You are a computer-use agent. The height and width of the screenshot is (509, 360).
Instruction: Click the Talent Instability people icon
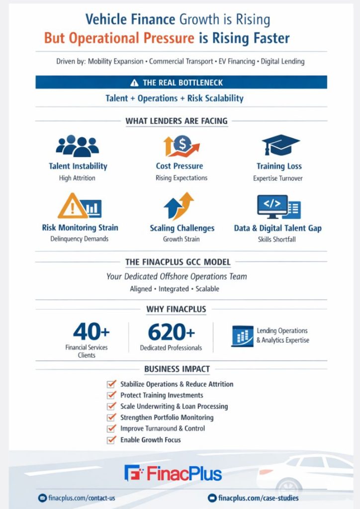tap(77, 146)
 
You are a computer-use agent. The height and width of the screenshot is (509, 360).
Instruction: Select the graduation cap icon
tap(280, 145)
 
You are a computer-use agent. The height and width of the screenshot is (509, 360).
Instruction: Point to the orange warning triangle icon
tap(73, 206)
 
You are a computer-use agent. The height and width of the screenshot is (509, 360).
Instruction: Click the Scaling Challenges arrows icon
tap(180, 206)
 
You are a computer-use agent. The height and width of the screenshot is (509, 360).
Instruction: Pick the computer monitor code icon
tap(273, 206)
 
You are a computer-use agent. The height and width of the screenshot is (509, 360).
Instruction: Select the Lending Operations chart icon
tap(242, 336)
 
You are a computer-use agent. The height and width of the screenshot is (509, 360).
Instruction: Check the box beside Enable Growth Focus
tap(111, 440)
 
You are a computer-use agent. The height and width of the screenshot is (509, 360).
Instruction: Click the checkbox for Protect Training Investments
tap(111, 395)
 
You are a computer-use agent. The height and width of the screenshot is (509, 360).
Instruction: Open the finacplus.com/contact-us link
tap(77, 498)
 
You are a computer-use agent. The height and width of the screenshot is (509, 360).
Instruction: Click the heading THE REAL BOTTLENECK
tap(181, 83)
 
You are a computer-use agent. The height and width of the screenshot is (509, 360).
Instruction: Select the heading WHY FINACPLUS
tap(176, 309)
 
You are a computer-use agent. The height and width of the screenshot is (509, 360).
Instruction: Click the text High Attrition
tap(77, 177)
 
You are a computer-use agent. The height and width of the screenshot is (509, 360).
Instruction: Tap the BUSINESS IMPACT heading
tap(177, 369)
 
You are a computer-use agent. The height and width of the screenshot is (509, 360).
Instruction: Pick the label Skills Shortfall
tap(277, 239)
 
